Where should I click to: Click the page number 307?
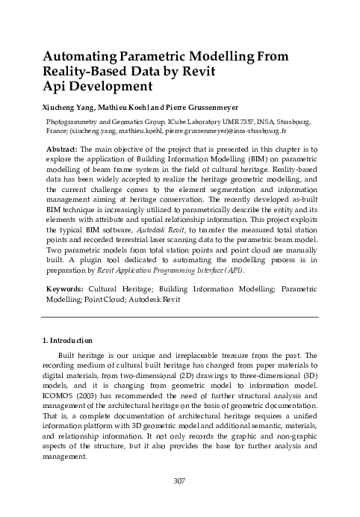point(179,501)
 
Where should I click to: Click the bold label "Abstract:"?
point(61,149)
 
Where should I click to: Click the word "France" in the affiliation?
point(56,129)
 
